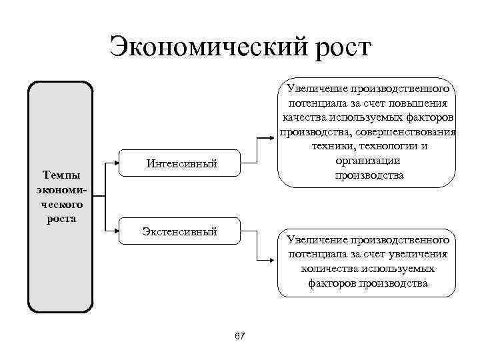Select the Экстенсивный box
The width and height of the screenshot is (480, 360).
click(x=180, y=231)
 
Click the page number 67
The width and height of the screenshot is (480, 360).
click(x=240, y=336)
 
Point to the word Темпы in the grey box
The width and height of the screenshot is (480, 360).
click(x=61, y=175)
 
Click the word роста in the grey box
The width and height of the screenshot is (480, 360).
click(x=61, y=218)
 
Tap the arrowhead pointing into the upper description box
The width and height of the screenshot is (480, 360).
click(x=272, y=138)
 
